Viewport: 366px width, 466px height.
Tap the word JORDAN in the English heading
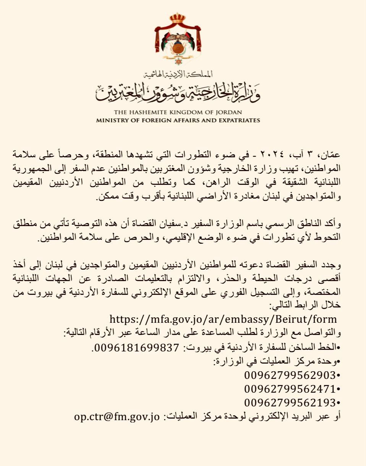point(229,113)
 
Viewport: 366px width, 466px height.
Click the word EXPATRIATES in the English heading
point(239,120)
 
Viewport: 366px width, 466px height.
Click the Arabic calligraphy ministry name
point(178,92)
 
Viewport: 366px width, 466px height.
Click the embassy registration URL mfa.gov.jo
point(223,319)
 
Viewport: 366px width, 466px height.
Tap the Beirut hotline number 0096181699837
point(136,348)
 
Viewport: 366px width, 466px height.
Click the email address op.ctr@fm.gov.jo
point(117,416)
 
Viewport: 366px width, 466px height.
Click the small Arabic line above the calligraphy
point(177,73)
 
